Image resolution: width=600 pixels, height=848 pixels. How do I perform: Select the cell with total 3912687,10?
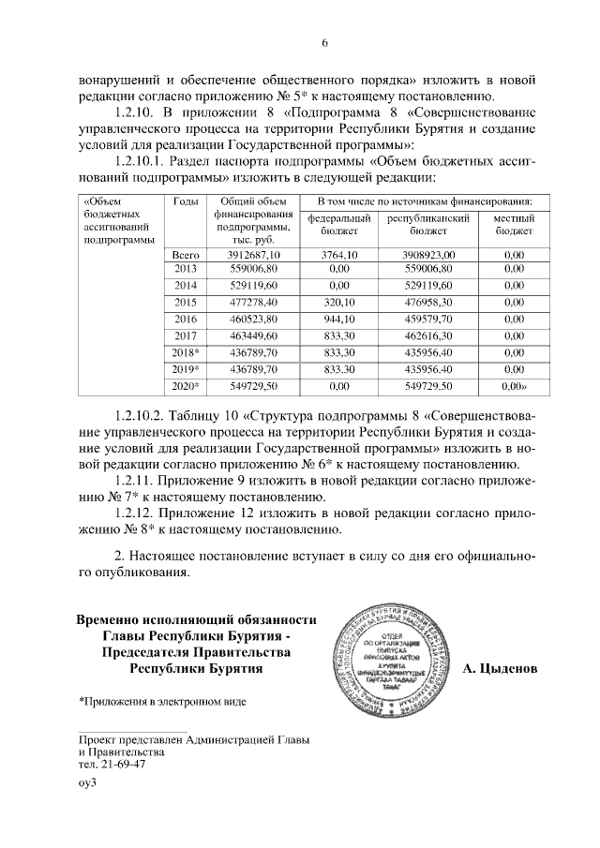pos(248,254)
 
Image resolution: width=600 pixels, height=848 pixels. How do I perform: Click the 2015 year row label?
pos(185,302)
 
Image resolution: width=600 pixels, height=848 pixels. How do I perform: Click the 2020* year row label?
pos(185,385)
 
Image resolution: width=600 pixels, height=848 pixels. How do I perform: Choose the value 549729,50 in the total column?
pos(248,385)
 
